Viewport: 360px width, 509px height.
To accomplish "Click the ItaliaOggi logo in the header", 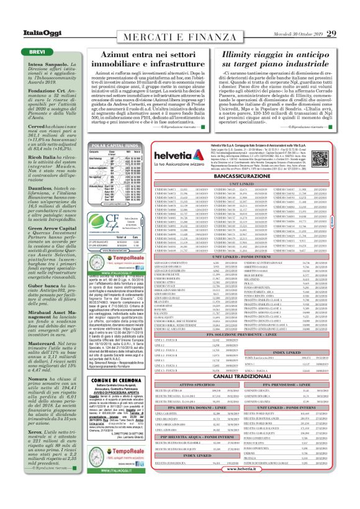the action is (x=25, y=16).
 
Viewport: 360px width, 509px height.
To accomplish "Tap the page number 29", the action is (x=348, y=16).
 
